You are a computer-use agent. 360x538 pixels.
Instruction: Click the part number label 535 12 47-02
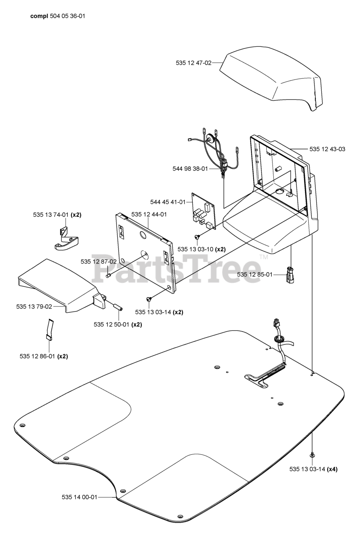(193, 63)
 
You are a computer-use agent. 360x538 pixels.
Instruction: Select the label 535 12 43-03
(327, 149)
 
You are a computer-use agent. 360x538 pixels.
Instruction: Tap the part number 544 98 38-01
(190, 169)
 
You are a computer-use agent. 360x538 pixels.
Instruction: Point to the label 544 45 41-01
(168, 202)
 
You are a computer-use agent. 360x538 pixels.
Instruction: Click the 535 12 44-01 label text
(149, 214)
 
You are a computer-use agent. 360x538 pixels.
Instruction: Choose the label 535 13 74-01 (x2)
(57, 215)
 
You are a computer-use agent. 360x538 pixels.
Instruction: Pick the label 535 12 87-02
(98, 261)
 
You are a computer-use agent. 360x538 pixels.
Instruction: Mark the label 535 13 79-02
(34, 307)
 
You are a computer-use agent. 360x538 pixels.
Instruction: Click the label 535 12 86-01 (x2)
(44, 356)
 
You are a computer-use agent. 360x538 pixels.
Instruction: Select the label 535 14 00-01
(79, 497)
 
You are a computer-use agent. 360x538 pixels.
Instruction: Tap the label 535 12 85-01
(254, 274)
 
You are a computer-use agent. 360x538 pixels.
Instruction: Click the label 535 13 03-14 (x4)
(313, 469)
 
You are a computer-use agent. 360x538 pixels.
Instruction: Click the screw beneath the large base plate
(312, 455)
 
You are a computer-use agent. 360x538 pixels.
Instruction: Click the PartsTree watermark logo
(177, 268)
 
